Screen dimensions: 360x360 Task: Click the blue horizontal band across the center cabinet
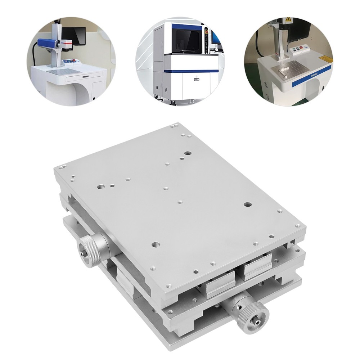point(191,71)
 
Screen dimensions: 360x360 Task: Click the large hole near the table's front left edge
point(156,244)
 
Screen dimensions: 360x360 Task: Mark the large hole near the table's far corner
point(188,153)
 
